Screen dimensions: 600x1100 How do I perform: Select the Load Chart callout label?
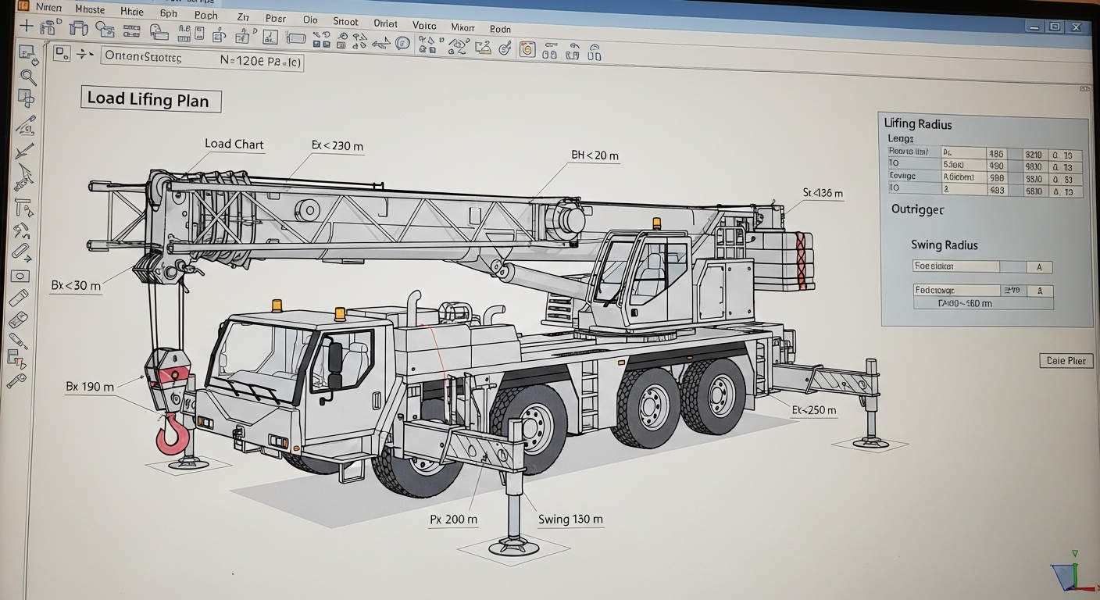pos(234,145)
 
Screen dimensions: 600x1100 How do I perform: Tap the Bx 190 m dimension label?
pos(91,387)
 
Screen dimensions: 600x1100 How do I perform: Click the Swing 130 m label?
pos(570,520)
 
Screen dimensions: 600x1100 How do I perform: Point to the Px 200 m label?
pos(454,520)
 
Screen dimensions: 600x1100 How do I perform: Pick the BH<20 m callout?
pos(595,155)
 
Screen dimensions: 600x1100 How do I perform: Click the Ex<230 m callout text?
pos(337,146)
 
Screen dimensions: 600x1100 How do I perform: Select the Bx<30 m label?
pos(76,286)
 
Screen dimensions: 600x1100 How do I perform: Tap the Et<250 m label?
pos(813,410)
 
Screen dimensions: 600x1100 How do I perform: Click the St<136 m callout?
pos(823,193)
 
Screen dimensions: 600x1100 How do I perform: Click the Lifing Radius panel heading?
pos(918,123)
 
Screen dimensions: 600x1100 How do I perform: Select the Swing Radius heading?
pos(944,245)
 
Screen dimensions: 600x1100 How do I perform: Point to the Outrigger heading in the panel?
pos(917,210)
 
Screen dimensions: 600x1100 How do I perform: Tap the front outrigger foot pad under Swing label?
pos(513,545)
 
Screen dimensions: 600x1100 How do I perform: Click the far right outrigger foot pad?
pos(870,442)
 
